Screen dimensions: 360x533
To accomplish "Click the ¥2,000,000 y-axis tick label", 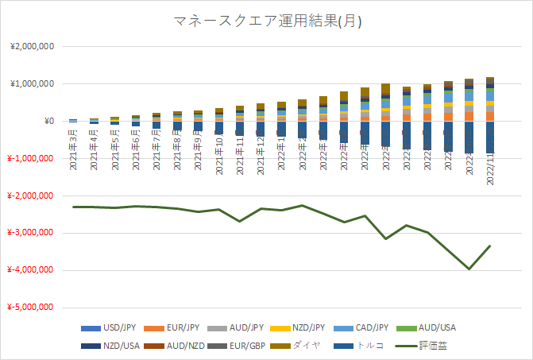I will pos(31,46).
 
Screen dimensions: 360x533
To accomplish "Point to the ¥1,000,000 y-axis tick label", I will pos(31,83).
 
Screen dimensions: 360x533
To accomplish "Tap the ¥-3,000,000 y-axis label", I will pos(30,233).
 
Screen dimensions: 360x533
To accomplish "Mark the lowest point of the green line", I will pos(469,269).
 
